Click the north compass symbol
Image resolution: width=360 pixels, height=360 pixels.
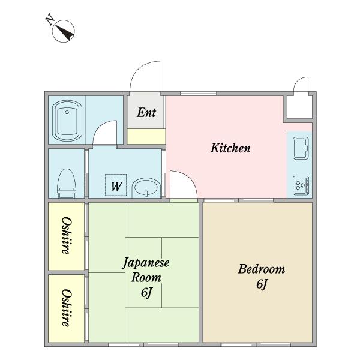click(x=63, y=31)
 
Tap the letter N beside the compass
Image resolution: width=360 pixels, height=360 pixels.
click(x=50, y=20)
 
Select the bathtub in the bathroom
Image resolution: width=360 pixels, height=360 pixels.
click(x=67, y=121)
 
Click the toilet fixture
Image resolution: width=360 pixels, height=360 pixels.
click(x=67, y=183)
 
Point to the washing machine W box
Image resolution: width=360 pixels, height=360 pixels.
click(x=116, y=185)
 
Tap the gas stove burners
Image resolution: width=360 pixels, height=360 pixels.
click(x=301, y=185)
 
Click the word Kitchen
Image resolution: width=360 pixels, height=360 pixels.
click(x=230, y=148)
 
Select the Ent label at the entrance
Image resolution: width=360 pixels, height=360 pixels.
click(x=146, y=113)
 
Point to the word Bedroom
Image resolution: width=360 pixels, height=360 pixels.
click(x=262, y=269)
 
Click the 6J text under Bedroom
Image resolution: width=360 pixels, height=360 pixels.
click(x=262, y=284)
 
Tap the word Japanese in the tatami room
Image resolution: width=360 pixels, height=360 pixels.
click(x=146, y=263)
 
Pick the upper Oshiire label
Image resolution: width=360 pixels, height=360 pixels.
click(x=67, y=236)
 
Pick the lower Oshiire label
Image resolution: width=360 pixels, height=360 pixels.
click(x=67, y=308)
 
